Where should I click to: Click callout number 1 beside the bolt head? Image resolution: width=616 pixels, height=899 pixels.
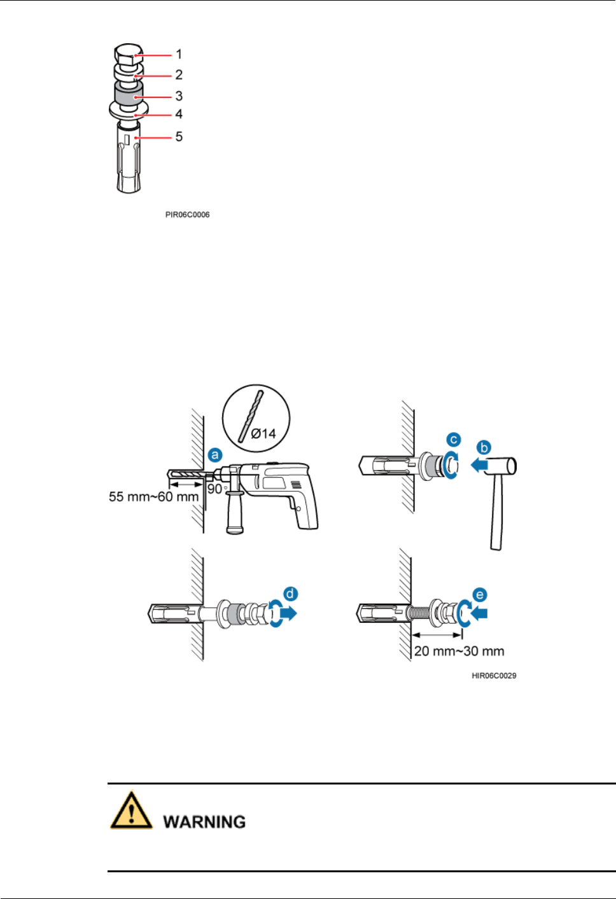[x=179, y=55]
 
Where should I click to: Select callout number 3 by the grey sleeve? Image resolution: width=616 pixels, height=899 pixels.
[x=179, y=96]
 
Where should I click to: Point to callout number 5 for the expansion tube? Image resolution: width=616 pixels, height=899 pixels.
[x=179, y=137]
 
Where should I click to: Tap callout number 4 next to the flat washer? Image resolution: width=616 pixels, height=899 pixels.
[x=179, y=115]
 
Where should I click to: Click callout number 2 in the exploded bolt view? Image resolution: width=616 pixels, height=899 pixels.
[x=179, y=75]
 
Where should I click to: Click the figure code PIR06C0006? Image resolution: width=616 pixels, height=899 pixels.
[x=187, y=215]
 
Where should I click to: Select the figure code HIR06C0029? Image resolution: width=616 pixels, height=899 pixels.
[x=494, y=676]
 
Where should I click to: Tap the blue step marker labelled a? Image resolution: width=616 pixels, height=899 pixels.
[x=216, y=455]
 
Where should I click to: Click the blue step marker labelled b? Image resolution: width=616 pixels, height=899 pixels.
[x=484, y=448]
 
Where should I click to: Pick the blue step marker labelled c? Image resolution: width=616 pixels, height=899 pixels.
[x=453, y=440]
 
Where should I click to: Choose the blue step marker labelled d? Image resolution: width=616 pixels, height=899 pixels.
[x=290, y=594]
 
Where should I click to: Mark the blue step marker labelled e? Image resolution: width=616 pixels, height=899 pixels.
[x=480, y=595]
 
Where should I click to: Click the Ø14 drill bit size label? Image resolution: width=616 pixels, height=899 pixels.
[x=263, y=434]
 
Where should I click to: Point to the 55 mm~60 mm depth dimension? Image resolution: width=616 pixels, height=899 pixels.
[x=153, y=497]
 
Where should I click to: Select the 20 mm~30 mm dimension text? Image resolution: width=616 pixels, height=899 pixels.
[x=459, y=652]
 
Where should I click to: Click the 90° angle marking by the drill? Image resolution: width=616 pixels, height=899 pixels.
[x=216, y=489]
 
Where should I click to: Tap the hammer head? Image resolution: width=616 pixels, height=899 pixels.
[x=503, y=466]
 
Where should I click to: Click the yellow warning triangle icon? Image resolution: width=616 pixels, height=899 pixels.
[x=131, y=811]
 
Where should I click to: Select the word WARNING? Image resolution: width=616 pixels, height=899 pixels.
[x=204, y=822]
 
